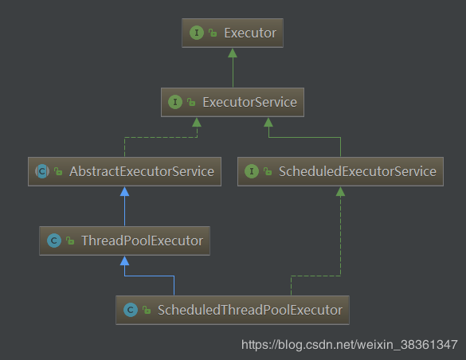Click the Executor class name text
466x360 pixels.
tap(250, 33)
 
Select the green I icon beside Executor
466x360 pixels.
tap(197, 33)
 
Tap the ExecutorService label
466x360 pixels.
tap(249, 102)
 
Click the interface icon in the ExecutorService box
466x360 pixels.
tap(175, 102)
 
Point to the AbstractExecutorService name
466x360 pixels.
tap(142, 171)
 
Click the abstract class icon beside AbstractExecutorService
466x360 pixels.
tap(42, 171)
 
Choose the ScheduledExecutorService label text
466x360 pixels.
tap(358, 171)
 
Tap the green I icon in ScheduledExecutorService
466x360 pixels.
tap(252, 171)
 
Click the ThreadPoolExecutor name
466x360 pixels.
tap(143, 241)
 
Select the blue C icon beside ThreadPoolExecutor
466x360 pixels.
tap(54, 241)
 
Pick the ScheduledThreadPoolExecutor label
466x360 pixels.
tap(250, 310)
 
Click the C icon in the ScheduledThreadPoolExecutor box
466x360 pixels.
tap(131, 310)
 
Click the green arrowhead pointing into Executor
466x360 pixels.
tap(233, 53)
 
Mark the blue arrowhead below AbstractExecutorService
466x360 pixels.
tap(124, 192)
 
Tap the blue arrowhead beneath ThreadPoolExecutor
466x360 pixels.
tap(124, 260)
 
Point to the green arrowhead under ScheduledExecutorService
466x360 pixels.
tap(340, 192)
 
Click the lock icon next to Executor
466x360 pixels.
tap(213, 33)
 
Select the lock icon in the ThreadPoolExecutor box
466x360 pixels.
tap(70, 241)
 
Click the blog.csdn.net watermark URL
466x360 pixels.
tap(350, 345)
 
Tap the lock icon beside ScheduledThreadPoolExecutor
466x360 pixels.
tap(147, 310)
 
